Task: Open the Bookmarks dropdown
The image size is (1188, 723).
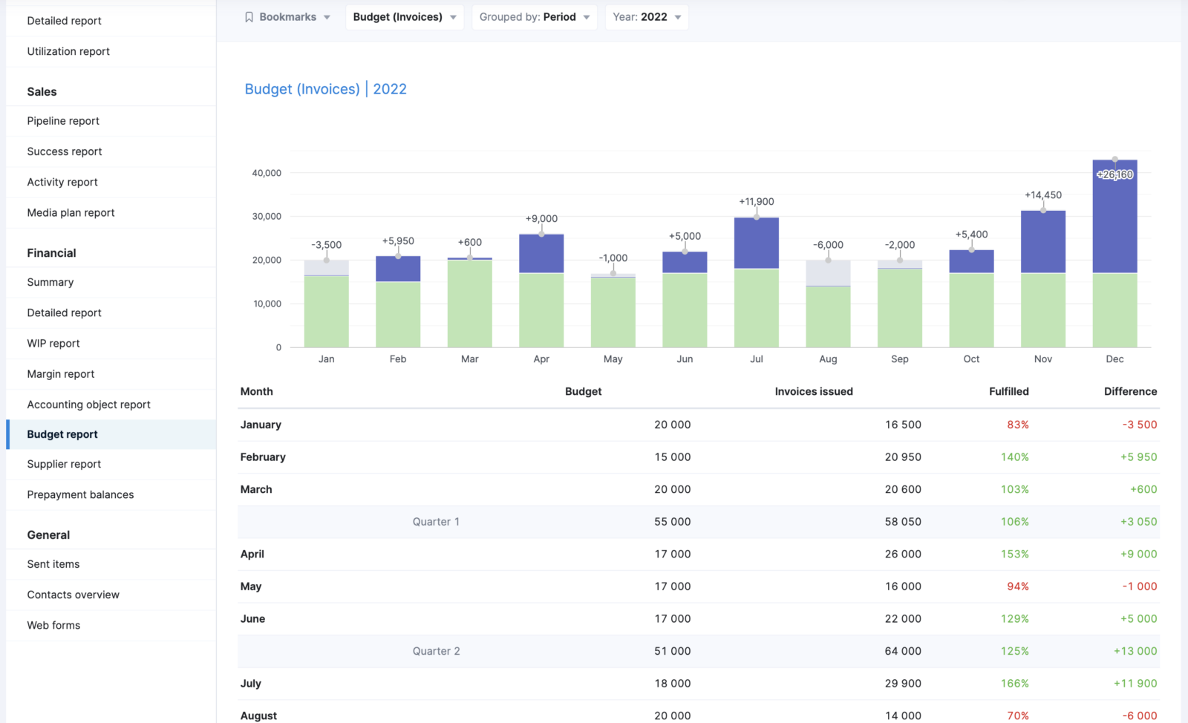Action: click(287, 17)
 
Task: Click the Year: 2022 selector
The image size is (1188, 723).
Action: click(646, 17)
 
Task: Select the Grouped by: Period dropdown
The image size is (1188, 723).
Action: click(534, 17)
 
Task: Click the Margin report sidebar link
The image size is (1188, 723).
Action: click(61, 374)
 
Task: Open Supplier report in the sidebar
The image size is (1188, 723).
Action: click(64, 464)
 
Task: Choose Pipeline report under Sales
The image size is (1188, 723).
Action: click(63, 121)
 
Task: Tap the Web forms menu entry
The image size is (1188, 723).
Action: click(53, 625)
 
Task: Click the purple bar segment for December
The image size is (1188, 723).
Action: click(1114, 223)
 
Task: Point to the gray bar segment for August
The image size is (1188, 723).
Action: click(828, 272)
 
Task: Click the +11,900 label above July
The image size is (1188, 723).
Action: click(756, 202)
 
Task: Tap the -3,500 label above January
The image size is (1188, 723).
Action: click(326, 245)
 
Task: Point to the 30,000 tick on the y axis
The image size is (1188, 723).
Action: click(267, 217)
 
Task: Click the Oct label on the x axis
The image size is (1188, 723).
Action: click(971, 359)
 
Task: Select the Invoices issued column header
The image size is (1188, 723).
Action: click(813, 391)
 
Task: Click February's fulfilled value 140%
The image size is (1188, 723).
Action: click(1014, 457)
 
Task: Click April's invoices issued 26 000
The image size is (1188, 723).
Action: click(903, 554)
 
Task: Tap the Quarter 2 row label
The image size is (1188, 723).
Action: click(436, 651)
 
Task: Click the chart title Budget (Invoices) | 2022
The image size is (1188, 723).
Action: click(325, 89)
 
